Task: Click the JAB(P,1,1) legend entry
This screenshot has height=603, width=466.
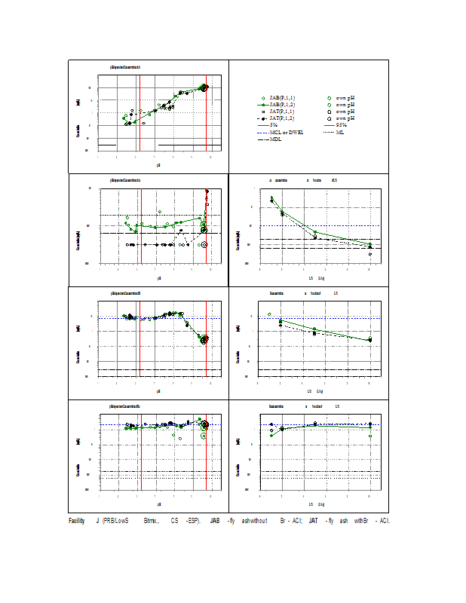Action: pyautogui.click(x=280, y=98)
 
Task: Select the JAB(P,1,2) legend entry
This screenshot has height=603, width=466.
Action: pyautogui.click(x=280, y=105)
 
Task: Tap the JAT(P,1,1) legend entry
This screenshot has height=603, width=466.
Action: pyautogui.click(x=280, y=112)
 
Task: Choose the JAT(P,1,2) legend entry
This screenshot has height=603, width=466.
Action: pyautogui.click(x=280, y=118)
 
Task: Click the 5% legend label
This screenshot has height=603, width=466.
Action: pyautogui.click(x=273, y=125)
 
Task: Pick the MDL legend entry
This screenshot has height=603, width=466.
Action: pyautogui.click(x=274, y=139)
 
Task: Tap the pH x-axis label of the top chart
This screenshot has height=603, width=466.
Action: pyautogui.click(x=158, y=164)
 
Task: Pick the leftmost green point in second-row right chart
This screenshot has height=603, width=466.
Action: pyautogui.click(x=271, y=198)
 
